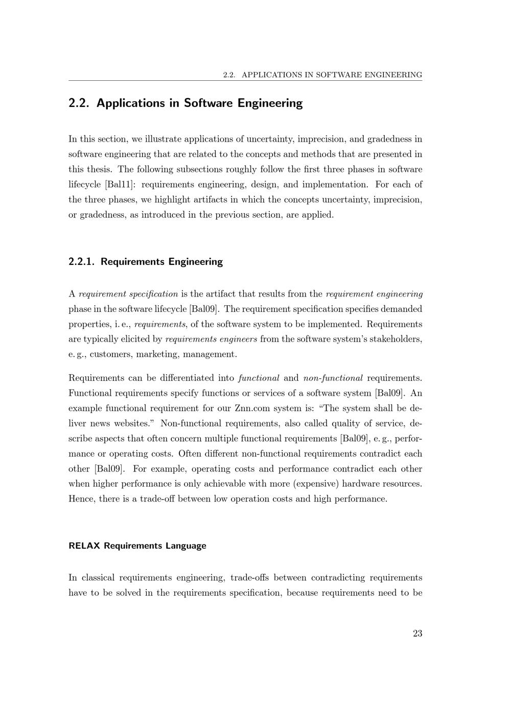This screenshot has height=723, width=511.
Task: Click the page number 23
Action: pyautogui.click(x=417, y=634)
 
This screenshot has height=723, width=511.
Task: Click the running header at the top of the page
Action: pyautogui.click(x=322, y=75)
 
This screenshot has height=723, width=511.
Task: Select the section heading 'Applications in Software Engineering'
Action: pyautogui.click(x=199, y=103)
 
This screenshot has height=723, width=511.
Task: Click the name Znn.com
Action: pyautogui.click(x=252, y=409)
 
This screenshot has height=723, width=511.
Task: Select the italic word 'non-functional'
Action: pyautogui.click(x=333, y=378)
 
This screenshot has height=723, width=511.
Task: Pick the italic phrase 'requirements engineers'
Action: pyautogui.click(x=212, y=340)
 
